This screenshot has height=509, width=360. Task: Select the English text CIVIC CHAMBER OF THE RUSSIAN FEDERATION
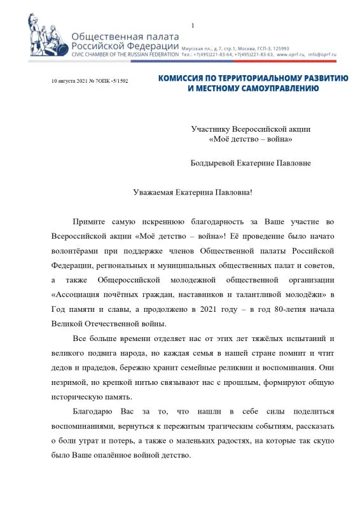pyautogui.click(x=125, y=55)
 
